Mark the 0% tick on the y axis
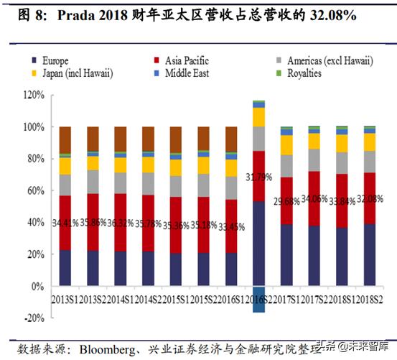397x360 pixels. pyautogui.click(x=37, y=286)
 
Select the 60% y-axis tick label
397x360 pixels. pyautogui.click(x=34, y=190)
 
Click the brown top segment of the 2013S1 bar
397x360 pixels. pyautogui.click(x=65, y=139)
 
